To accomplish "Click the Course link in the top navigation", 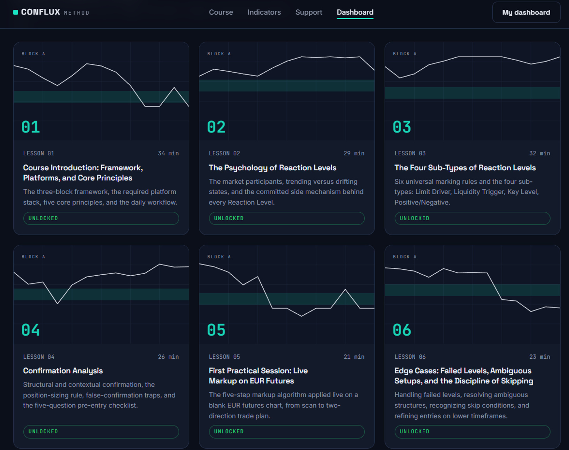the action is tap(221, 12).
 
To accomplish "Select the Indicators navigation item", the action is tap(264, 12).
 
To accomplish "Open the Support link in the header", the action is tap(309, 12).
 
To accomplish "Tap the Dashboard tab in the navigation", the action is tap(355, 12).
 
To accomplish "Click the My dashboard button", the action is tap(526, 12).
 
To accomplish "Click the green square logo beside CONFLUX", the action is tap(16, 12).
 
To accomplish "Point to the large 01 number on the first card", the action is tap(31, 127).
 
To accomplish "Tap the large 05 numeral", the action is tap(216, 330).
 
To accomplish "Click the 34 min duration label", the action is tap(168, 153).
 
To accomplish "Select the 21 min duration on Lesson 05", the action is tap(354, 357).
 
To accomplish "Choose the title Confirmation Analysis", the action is tap(63, 371).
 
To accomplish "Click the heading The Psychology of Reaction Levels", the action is tap(273, 168).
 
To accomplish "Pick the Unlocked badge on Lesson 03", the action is tap(472, 218).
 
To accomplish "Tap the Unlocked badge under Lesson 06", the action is tap(472, 432).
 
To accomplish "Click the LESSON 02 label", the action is tap(224, 153).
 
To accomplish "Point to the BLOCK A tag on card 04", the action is tap(33, 257).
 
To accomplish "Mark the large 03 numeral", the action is tap(402, 127).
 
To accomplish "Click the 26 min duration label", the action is tap(168, 357).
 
